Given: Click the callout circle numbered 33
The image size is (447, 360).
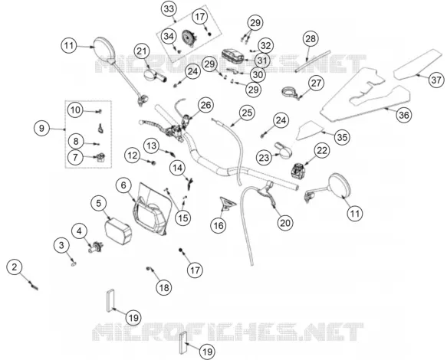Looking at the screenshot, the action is [169, 9].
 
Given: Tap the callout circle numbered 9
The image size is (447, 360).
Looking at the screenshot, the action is [41, 129].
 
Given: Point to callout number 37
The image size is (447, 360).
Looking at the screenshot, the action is [436, 80].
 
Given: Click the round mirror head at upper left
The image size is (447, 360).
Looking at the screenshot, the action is [104, 48].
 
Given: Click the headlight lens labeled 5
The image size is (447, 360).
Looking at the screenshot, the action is [119, 230].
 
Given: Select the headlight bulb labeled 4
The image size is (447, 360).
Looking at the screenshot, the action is [96, 247].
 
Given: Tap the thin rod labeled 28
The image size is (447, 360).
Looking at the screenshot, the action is [313, 61].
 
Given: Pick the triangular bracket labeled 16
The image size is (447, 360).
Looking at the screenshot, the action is [227, 203].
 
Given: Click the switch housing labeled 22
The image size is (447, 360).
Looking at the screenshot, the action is [298, 171].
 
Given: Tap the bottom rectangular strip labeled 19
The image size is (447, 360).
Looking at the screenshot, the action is [182, 345].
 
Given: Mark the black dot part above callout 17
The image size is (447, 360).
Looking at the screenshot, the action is [181, 250].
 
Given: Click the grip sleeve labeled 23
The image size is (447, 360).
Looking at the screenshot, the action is [282, 149].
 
